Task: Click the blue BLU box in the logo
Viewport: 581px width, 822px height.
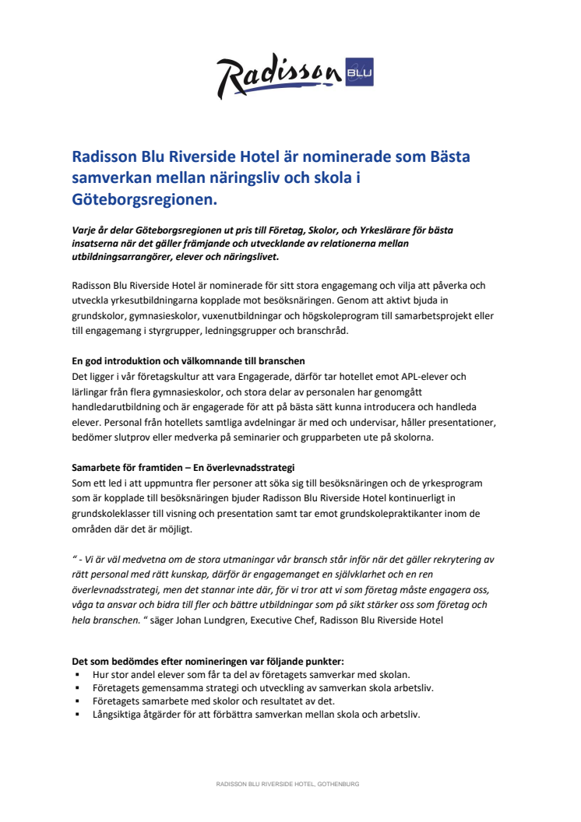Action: pos(361,74)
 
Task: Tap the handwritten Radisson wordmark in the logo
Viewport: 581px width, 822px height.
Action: pos(279,76)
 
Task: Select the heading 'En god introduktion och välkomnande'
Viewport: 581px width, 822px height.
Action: pos(188,361)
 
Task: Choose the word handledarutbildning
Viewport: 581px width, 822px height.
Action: pos(117,407)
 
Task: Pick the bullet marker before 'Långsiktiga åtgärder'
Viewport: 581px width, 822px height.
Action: pos(78,715)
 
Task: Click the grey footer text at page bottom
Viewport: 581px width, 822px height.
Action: pos(287,784)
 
